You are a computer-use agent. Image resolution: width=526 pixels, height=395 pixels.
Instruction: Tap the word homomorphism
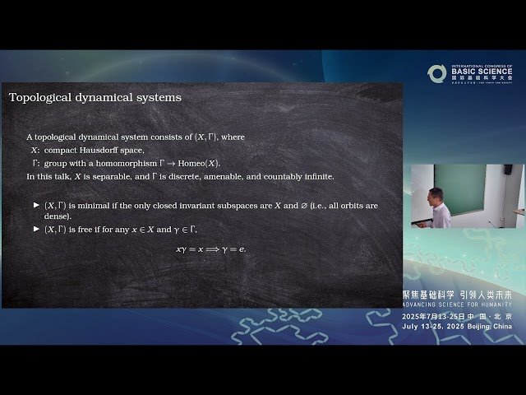click(x=117, y=163)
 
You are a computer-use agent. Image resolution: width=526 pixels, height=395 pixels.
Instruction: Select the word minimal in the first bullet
click(x=101, y=205)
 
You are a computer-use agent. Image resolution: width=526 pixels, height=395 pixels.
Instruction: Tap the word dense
click(x=58, y=216)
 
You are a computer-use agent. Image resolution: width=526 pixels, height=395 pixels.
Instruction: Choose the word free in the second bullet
click(x=93, y=229)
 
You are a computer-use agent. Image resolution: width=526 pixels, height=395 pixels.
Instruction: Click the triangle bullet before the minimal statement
click(x=36, y=205)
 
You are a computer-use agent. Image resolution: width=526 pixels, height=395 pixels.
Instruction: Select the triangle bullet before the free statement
click(x=36, y=229)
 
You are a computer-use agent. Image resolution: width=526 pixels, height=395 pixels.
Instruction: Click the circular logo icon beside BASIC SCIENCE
click(x=436, y=73)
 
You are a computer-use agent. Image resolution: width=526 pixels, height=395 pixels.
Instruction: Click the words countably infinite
click(x=304, y=176)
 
